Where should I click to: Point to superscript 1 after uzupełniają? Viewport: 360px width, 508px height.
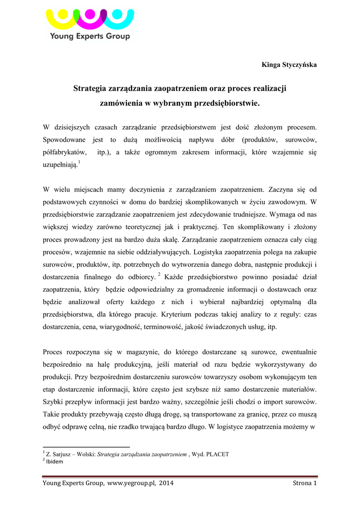80,162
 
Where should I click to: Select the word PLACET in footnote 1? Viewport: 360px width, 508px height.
216,454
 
